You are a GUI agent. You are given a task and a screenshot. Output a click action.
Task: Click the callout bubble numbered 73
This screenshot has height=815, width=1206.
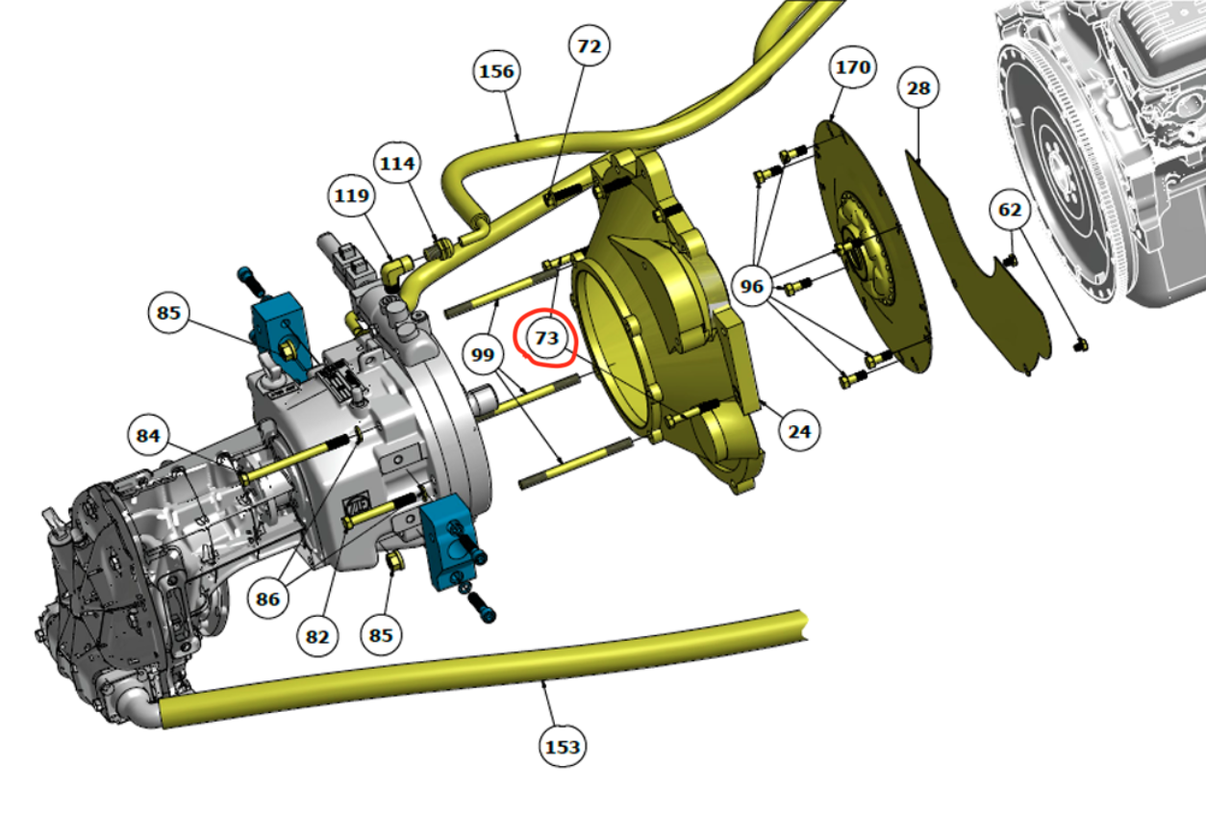click(x=547, y=339)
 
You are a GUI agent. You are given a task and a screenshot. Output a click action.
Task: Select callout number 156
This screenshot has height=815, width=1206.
click(x=496, y=71)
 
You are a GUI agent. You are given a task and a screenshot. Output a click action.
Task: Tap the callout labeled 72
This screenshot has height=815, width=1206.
click(x=589, y=46)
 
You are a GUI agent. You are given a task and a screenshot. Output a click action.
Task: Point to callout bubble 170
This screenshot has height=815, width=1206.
click(x=853, y=67)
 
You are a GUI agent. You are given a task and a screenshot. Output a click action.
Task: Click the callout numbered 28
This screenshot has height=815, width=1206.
click(x=918, y=88)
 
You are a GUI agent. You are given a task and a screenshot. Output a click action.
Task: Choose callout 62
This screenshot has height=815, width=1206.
click(x=1010, y=210)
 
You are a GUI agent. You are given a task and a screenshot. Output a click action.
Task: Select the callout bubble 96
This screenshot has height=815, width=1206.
click(x=752, y=286)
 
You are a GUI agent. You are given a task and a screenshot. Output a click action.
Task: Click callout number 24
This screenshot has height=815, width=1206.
click(x=799, y=431)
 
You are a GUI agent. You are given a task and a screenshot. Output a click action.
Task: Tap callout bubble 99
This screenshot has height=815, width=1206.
click(x=483, y=354)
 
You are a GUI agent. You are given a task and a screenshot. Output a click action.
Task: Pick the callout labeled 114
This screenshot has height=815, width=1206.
click(x=397, y=164)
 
